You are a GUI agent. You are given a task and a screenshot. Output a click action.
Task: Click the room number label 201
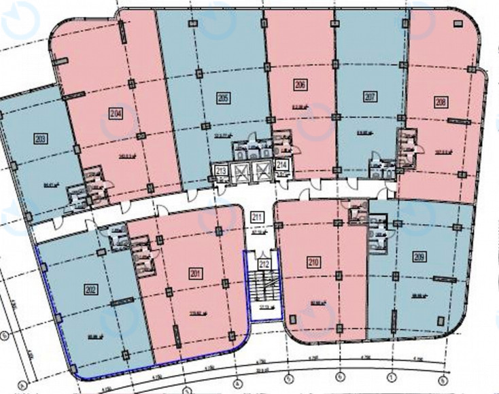pyautogui.click(x=196, y=274)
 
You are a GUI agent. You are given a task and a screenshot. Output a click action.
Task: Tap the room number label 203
pyautogui.click(x=41, y=139)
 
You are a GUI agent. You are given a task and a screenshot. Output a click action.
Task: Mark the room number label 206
pyautogui.click(x=300, y=85)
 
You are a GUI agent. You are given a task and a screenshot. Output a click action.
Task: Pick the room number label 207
pyautogui.click(x=370, y=97)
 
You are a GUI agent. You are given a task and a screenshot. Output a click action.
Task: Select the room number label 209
pyautogui.click(x=417, y=257)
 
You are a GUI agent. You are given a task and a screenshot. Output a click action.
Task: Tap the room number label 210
pyautogui.click(x=313, y=259)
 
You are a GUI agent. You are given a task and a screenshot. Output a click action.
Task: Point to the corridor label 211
pyautogui.click(x=258, y=217)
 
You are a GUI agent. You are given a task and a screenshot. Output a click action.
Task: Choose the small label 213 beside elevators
pyautogui.click(x=220, y=171)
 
